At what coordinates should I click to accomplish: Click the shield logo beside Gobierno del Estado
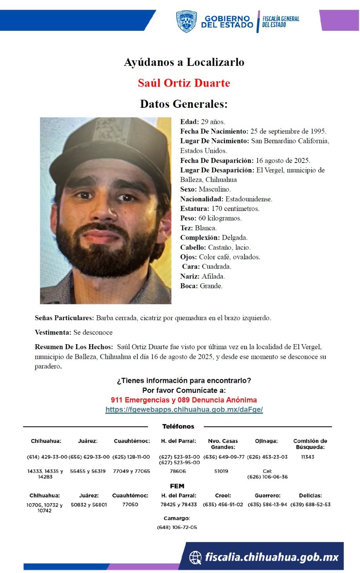click(x=186, y=21)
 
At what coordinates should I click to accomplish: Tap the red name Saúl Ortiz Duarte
click(x=184, y=83)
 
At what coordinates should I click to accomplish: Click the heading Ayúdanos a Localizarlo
click(x=184, y=62)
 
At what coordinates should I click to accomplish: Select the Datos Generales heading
click(x=184, y=104)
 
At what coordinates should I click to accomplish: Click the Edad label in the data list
click(x=189, y=122)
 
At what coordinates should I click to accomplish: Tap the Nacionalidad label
click(x=202, y=199)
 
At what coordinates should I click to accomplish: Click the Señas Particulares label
click(x=64, y=318)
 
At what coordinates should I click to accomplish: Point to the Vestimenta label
click(x=53, y=333)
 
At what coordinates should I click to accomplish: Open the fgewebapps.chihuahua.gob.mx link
click(x=184, y=410)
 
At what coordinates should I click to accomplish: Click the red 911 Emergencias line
click(x=184, y=400)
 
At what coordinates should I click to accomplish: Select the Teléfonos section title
click(x=178, y=427)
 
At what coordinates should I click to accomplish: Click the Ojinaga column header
click(x=266, y=441)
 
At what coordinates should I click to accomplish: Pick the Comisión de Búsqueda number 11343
click(x=308, y=457)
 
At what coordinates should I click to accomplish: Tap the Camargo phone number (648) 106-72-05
click(x=177, y=528)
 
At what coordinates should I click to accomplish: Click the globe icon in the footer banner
click(x=196, y=557)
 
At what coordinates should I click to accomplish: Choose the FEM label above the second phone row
click(x=177, y=486)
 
